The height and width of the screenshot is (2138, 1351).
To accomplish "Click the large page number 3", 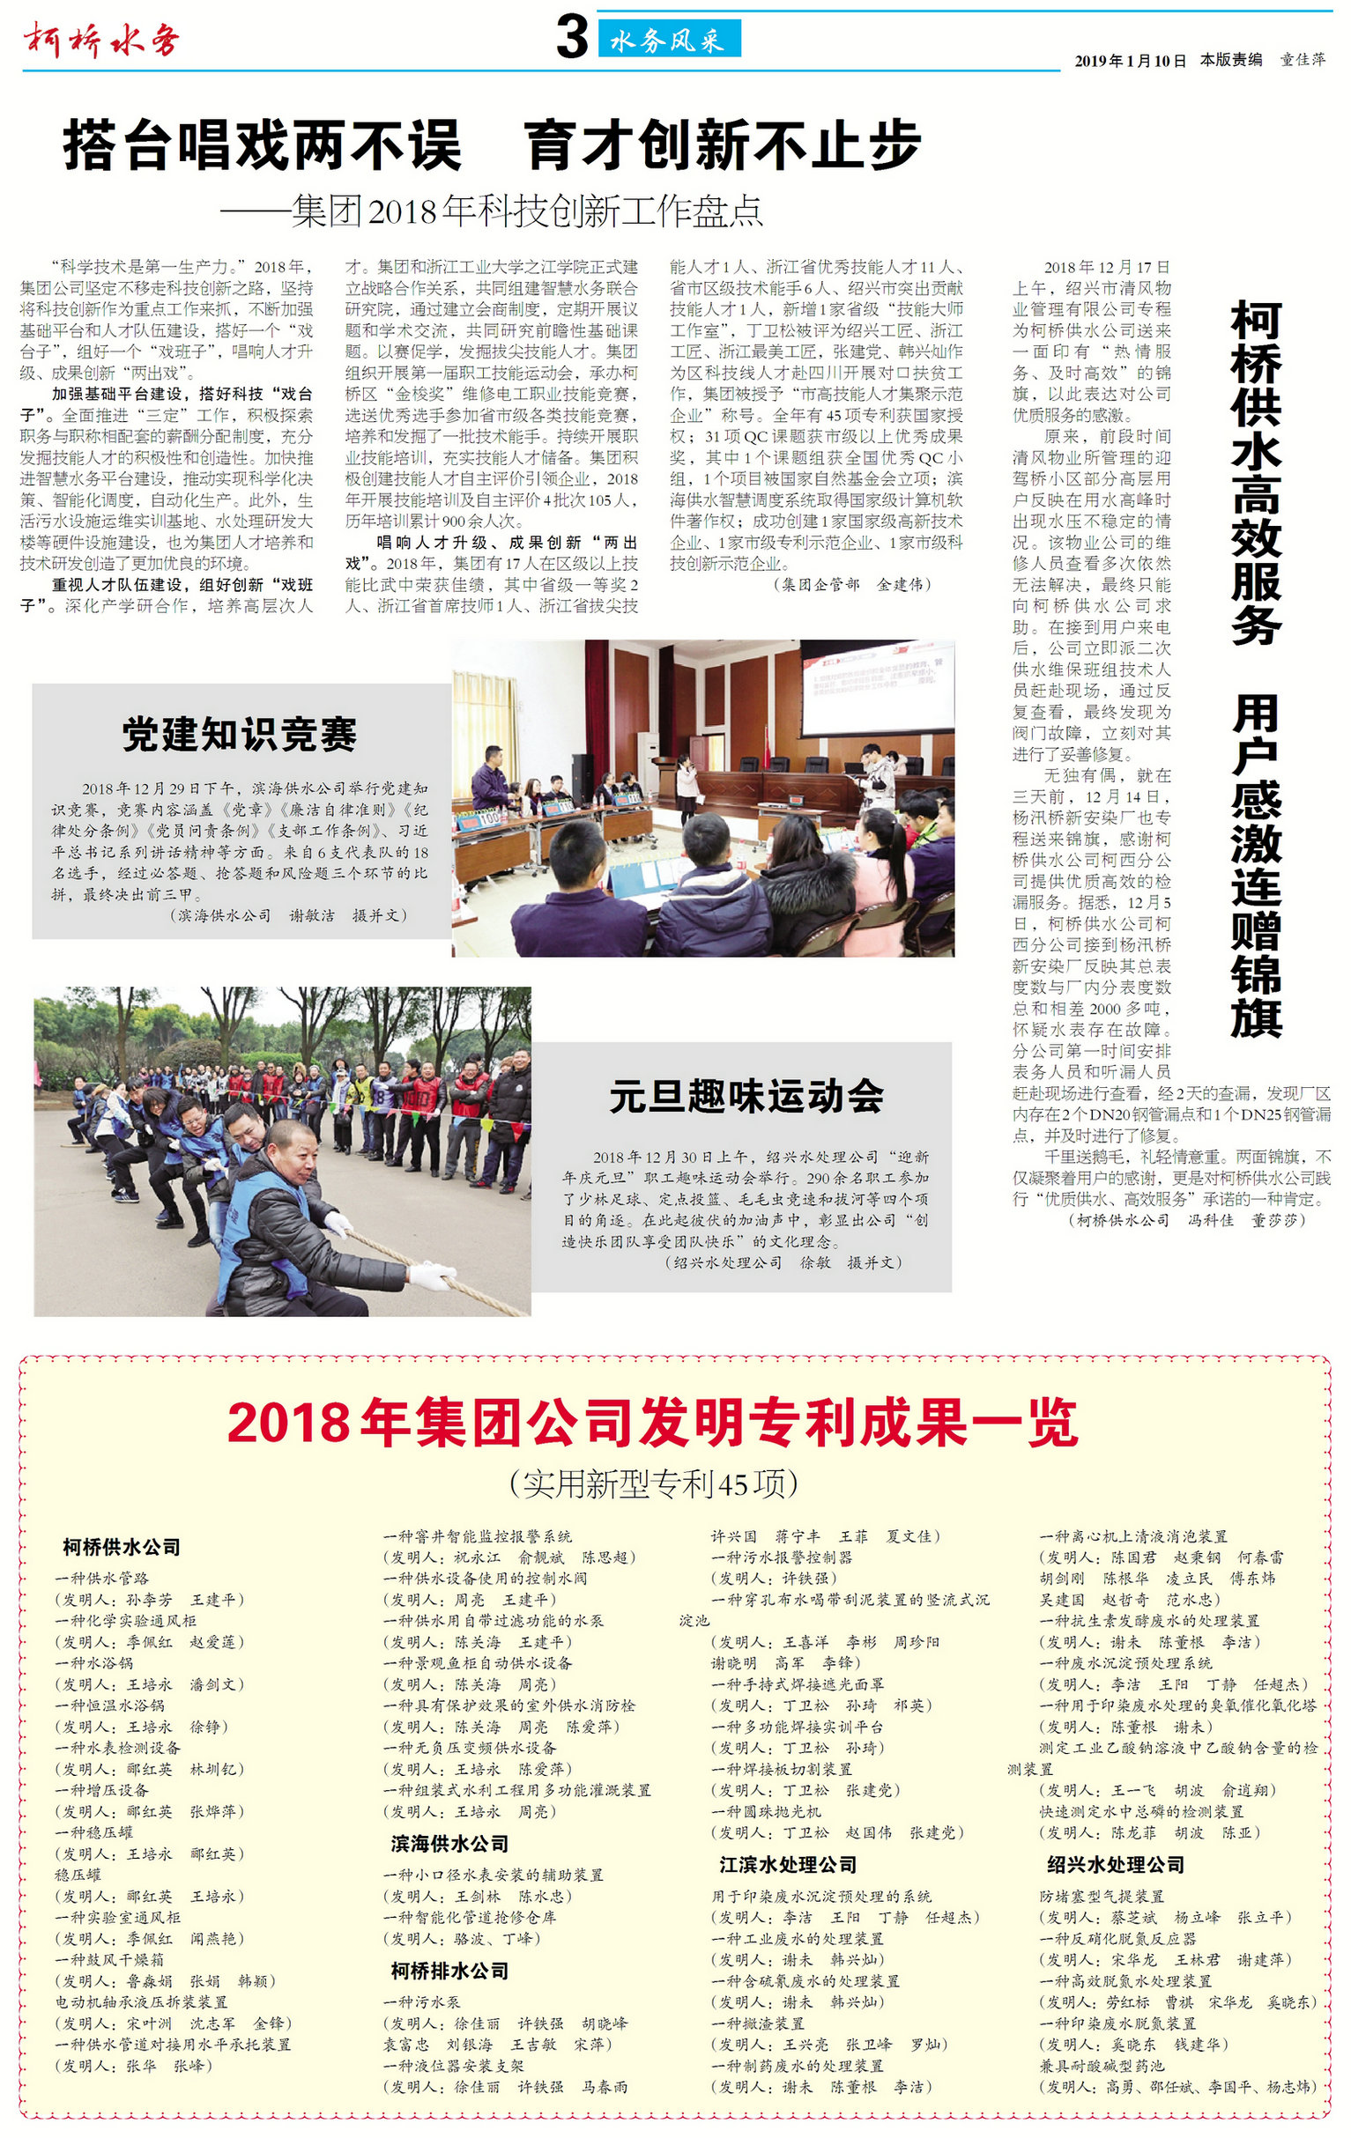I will (x=572, y=37).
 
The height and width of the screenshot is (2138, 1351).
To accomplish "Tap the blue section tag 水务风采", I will (x=668, y=40).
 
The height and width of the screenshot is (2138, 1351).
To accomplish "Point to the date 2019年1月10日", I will (x=1130, y=61).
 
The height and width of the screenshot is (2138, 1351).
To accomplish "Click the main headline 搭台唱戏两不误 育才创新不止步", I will (x=491, y=145).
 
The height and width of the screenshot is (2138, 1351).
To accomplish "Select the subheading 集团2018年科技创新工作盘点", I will (x=527, y=211).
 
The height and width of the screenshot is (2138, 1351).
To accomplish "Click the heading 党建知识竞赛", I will (x=239, y=734).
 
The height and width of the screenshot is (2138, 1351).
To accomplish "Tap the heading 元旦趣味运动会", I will (x=746, y=1096).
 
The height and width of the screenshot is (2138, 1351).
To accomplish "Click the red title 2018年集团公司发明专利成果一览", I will (x=653, y=1423).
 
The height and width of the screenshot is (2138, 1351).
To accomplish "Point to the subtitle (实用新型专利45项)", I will (x=653, y=1483).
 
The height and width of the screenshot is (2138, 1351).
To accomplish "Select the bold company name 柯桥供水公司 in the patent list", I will (x=122, y=1547).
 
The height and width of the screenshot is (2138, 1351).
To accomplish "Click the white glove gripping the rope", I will (x=434, y=1276).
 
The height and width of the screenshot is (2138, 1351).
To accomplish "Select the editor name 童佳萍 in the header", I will (x=1303, y=61).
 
